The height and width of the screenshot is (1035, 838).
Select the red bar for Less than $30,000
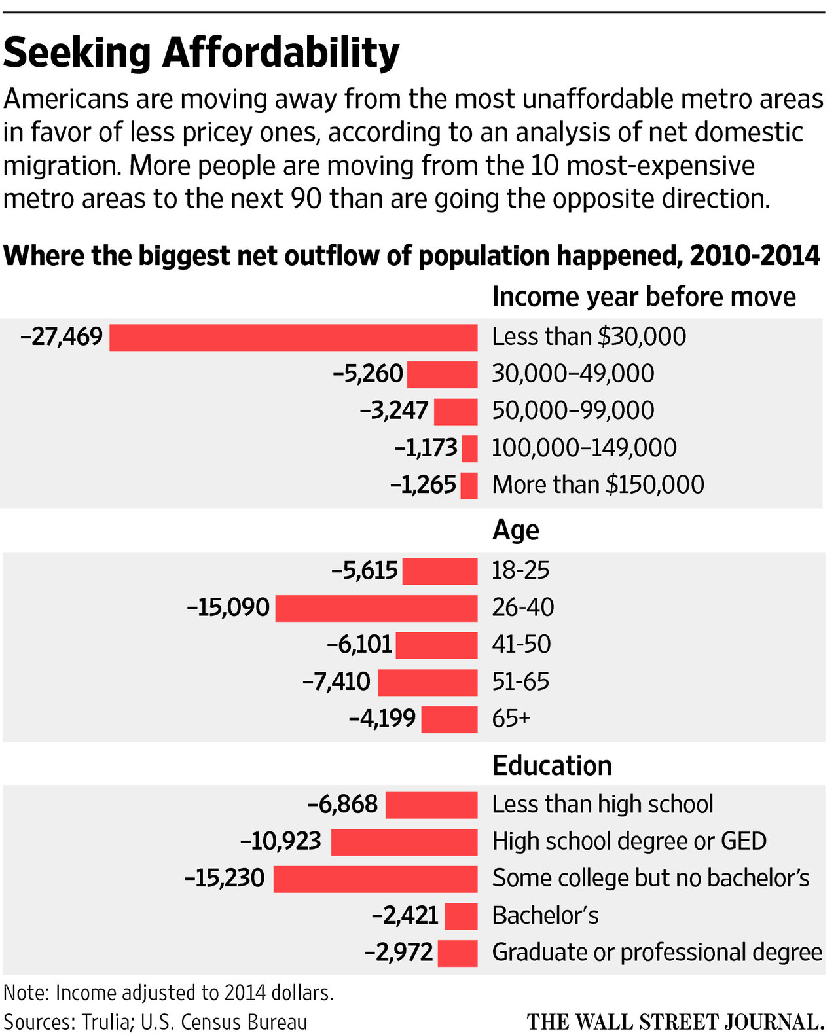[x=293, y=338]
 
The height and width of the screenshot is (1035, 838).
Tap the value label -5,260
[x=368, y=374]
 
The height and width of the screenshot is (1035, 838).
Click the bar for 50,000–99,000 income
[x=456, y=412]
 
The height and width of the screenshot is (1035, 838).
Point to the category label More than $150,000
[x=598, y=485]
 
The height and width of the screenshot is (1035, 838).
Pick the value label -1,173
[x=426, y=448]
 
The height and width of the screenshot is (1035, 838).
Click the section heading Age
[x=515, y=530]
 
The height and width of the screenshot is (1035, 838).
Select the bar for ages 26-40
[x=376, y=608]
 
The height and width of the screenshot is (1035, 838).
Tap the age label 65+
[x=511, y=719]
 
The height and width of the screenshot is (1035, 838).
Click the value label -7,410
[x=337, y=682]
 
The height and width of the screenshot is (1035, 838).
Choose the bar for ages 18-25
[x=440, y=572]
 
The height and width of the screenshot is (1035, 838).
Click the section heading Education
[x=552, y=766]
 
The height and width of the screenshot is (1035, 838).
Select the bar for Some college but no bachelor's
[x=375, y=879]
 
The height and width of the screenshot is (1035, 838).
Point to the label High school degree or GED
[x=629, y=842]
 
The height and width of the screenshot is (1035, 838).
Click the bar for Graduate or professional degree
[x=458, y=953]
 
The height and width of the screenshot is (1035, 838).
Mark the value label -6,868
[x=343, y=805]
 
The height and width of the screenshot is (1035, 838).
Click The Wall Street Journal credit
[x=675, y=1022]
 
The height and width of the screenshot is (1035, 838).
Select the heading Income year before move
[x=644, y=297]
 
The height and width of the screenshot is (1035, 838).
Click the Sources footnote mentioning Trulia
[x=155, y=1022]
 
